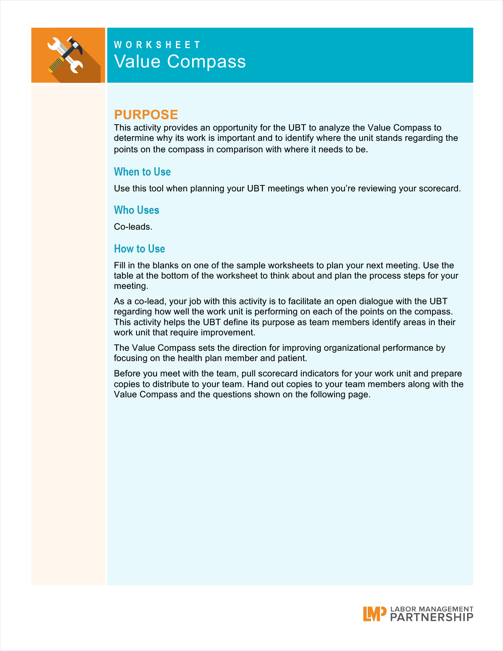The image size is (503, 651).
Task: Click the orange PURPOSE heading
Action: [146, 114]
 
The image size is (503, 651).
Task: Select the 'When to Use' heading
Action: [142, 172]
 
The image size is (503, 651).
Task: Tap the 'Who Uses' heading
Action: [137, 210]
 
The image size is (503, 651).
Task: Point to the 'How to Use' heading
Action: [139, 249]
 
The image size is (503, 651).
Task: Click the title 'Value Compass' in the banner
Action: [180, 62]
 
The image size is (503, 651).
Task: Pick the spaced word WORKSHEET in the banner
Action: [157, 45]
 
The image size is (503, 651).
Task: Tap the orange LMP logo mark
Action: [374, 614]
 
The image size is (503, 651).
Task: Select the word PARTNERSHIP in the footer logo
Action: [432, 617]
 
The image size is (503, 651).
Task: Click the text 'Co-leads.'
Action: [133, 227]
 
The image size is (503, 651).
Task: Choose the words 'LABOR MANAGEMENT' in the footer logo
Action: [432, 609]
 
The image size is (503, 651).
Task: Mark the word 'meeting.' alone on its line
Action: [131, 286]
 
